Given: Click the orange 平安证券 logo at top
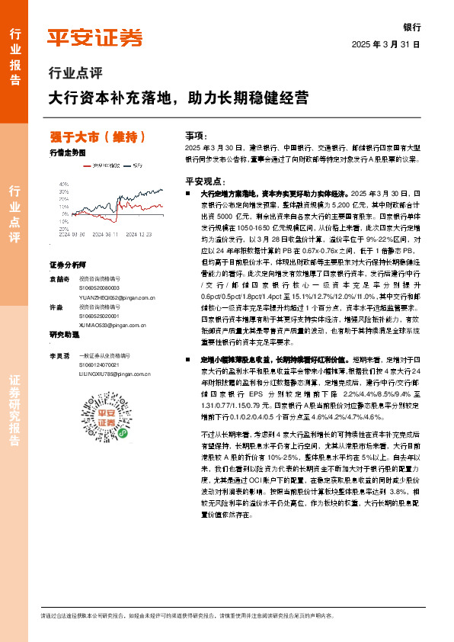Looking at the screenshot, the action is tap(94, 37).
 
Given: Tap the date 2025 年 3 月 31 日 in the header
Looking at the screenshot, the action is tap(386, 44).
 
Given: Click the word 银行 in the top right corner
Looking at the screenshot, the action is tap(411, 27).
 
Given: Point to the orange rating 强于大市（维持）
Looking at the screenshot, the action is tap(98, 137).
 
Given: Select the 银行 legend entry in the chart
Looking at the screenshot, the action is tap(137, 164).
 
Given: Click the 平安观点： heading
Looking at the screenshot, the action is tap(202, 181).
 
